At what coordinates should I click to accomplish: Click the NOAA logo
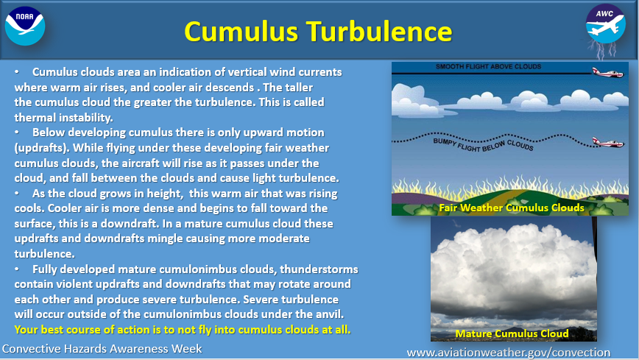[x=25, y=25]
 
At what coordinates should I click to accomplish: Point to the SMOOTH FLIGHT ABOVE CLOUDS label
[x=488, y=67]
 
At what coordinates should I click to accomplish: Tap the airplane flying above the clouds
[x=610, y=71]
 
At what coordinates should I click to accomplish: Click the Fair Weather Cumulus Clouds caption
[x=511, y=208]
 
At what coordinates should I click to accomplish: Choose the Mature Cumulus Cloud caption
[x=512, y=333]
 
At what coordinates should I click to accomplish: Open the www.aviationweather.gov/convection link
[x=509, y=352]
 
